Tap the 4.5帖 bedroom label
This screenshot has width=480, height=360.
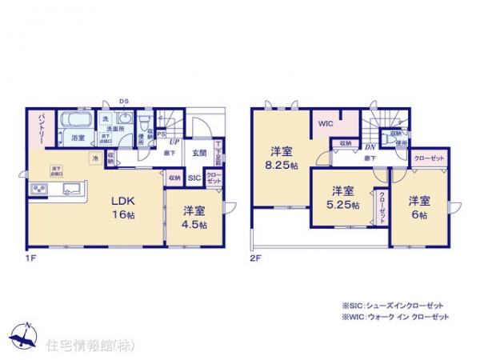pyautogui.click(x=195, y=218)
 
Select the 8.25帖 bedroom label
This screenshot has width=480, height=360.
pyautogui.click(x=281, y=158)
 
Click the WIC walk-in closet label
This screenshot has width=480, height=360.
pyautogui.click(x=325, y=124)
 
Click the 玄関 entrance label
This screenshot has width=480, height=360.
pyautogui.click(x=198, y=152)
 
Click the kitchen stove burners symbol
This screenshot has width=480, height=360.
pyautogui.click(x=38, y=190)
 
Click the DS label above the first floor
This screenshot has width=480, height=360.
pyautogui.click(x=123, y=102)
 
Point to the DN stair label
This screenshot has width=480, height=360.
pyautogui.click(x=371, y=146)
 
